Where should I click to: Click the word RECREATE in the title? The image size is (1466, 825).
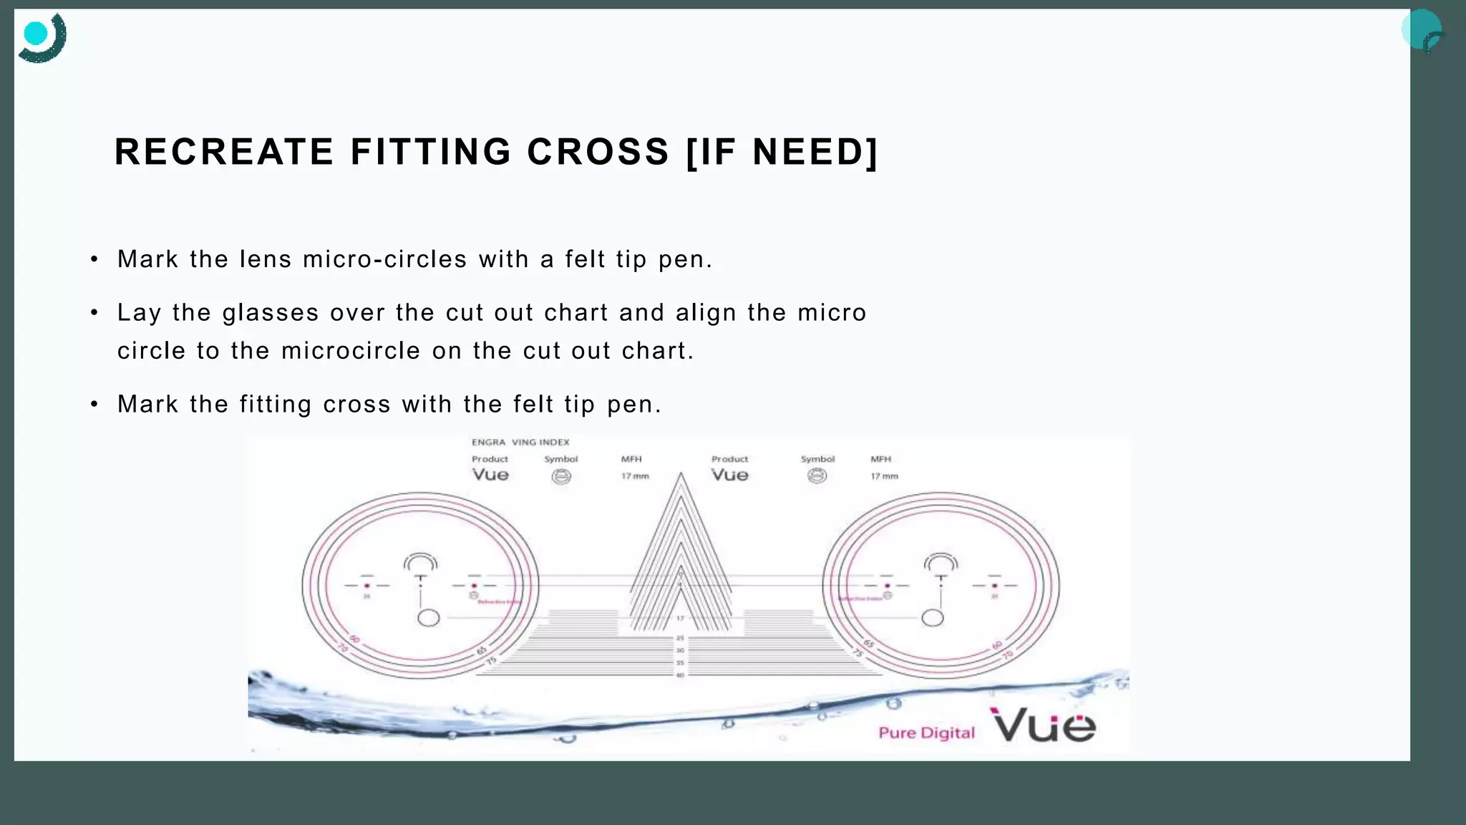point(224,152)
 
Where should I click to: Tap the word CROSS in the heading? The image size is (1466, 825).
point(598,152)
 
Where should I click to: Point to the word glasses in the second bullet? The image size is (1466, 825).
point(271,313)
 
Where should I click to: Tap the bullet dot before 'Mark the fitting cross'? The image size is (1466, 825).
point(94,405)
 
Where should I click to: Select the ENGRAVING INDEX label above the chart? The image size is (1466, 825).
point(520,443)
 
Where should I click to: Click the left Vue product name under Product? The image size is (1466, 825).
point(490,475)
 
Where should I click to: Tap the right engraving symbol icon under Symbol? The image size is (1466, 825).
point(817,476)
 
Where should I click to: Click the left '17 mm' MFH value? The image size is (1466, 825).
point(635,476)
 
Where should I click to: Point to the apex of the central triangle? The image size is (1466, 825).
point(681,474)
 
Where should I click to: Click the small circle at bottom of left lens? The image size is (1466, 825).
point(428,617)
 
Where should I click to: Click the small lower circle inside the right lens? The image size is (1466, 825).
point(932,617)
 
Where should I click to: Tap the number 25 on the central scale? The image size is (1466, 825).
point(680,637)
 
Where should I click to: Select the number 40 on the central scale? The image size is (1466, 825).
point(680,675)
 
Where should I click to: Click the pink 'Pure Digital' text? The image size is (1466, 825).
point(926,733)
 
